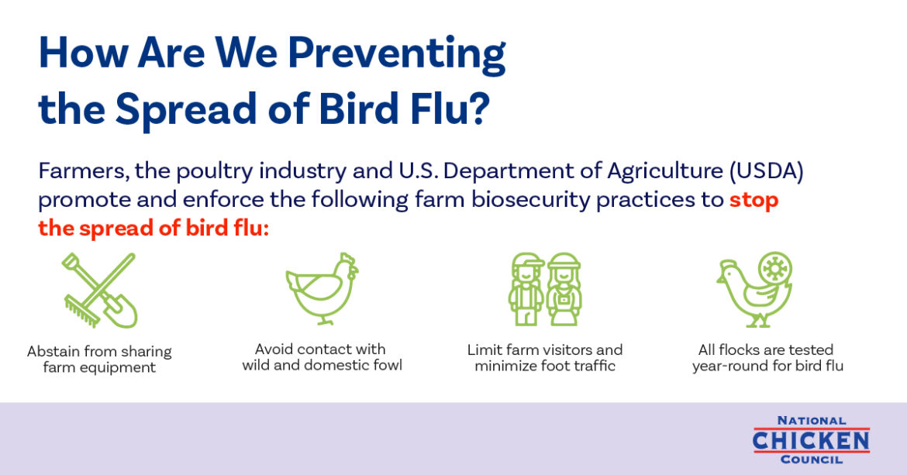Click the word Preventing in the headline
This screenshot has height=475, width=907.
tap(397, 54)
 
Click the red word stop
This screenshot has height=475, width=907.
tap(754, 200)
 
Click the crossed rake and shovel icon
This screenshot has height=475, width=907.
tap(100, 291)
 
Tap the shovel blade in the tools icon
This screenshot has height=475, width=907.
tap(122, 312)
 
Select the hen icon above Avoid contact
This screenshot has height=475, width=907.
tap(322, 288)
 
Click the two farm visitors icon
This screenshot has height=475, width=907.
tap(545, 289)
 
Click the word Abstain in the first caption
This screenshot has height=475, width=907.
tap(53, 351)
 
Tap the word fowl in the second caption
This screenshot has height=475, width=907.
tap(387, 365)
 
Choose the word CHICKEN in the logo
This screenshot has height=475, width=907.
tap(811, 442)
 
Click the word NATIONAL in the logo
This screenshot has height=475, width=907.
tap(812, 421)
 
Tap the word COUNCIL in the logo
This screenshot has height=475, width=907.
tap(812, 460)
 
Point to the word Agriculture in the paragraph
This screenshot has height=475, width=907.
tap(664, 171)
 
